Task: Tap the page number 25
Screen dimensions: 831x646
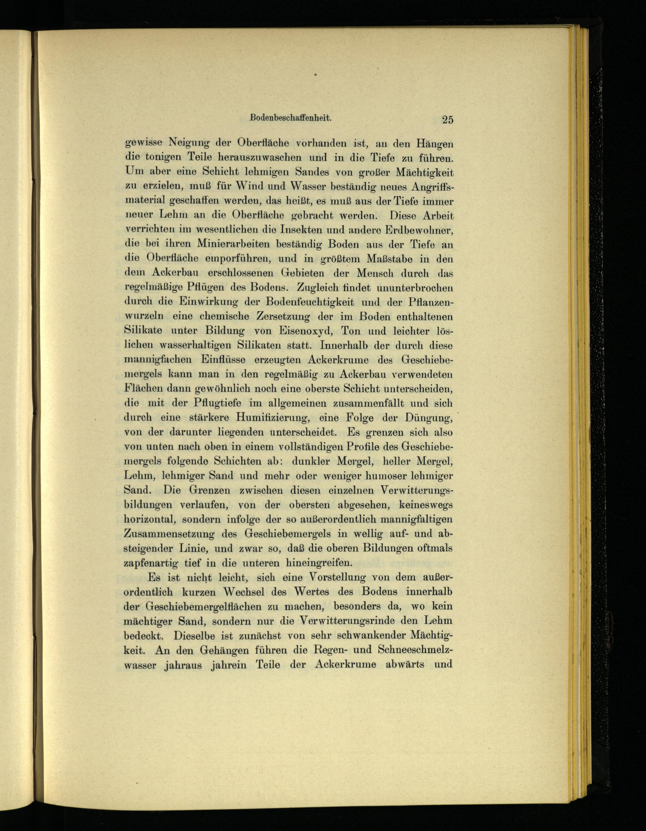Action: coord(447,120)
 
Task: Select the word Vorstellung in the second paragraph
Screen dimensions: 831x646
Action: coord(336,578)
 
